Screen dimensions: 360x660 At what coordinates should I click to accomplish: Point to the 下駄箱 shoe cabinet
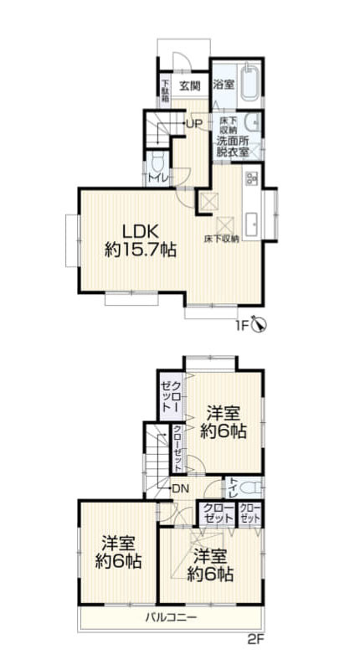click(x=165, y=91)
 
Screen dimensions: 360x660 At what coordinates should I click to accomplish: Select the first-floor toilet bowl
click(x=158, y=162)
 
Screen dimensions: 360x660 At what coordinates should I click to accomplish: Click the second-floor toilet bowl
click(x=250, y=488)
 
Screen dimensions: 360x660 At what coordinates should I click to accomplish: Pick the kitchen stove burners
click(x=251, y=178)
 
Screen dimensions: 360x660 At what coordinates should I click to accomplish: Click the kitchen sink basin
click(x=252, y=224)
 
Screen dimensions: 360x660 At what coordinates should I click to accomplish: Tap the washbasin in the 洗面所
click(x=253, y=122)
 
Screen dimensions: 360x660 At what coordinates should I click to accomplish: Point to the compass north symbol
click(x=260, y=323)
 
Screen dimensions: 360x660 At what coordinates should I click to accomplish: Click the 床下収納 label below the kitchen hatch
click(x=222, y=240)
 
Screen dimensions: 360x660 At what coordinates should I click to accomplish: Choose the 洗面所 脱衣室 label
click(x=233, y=146)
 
